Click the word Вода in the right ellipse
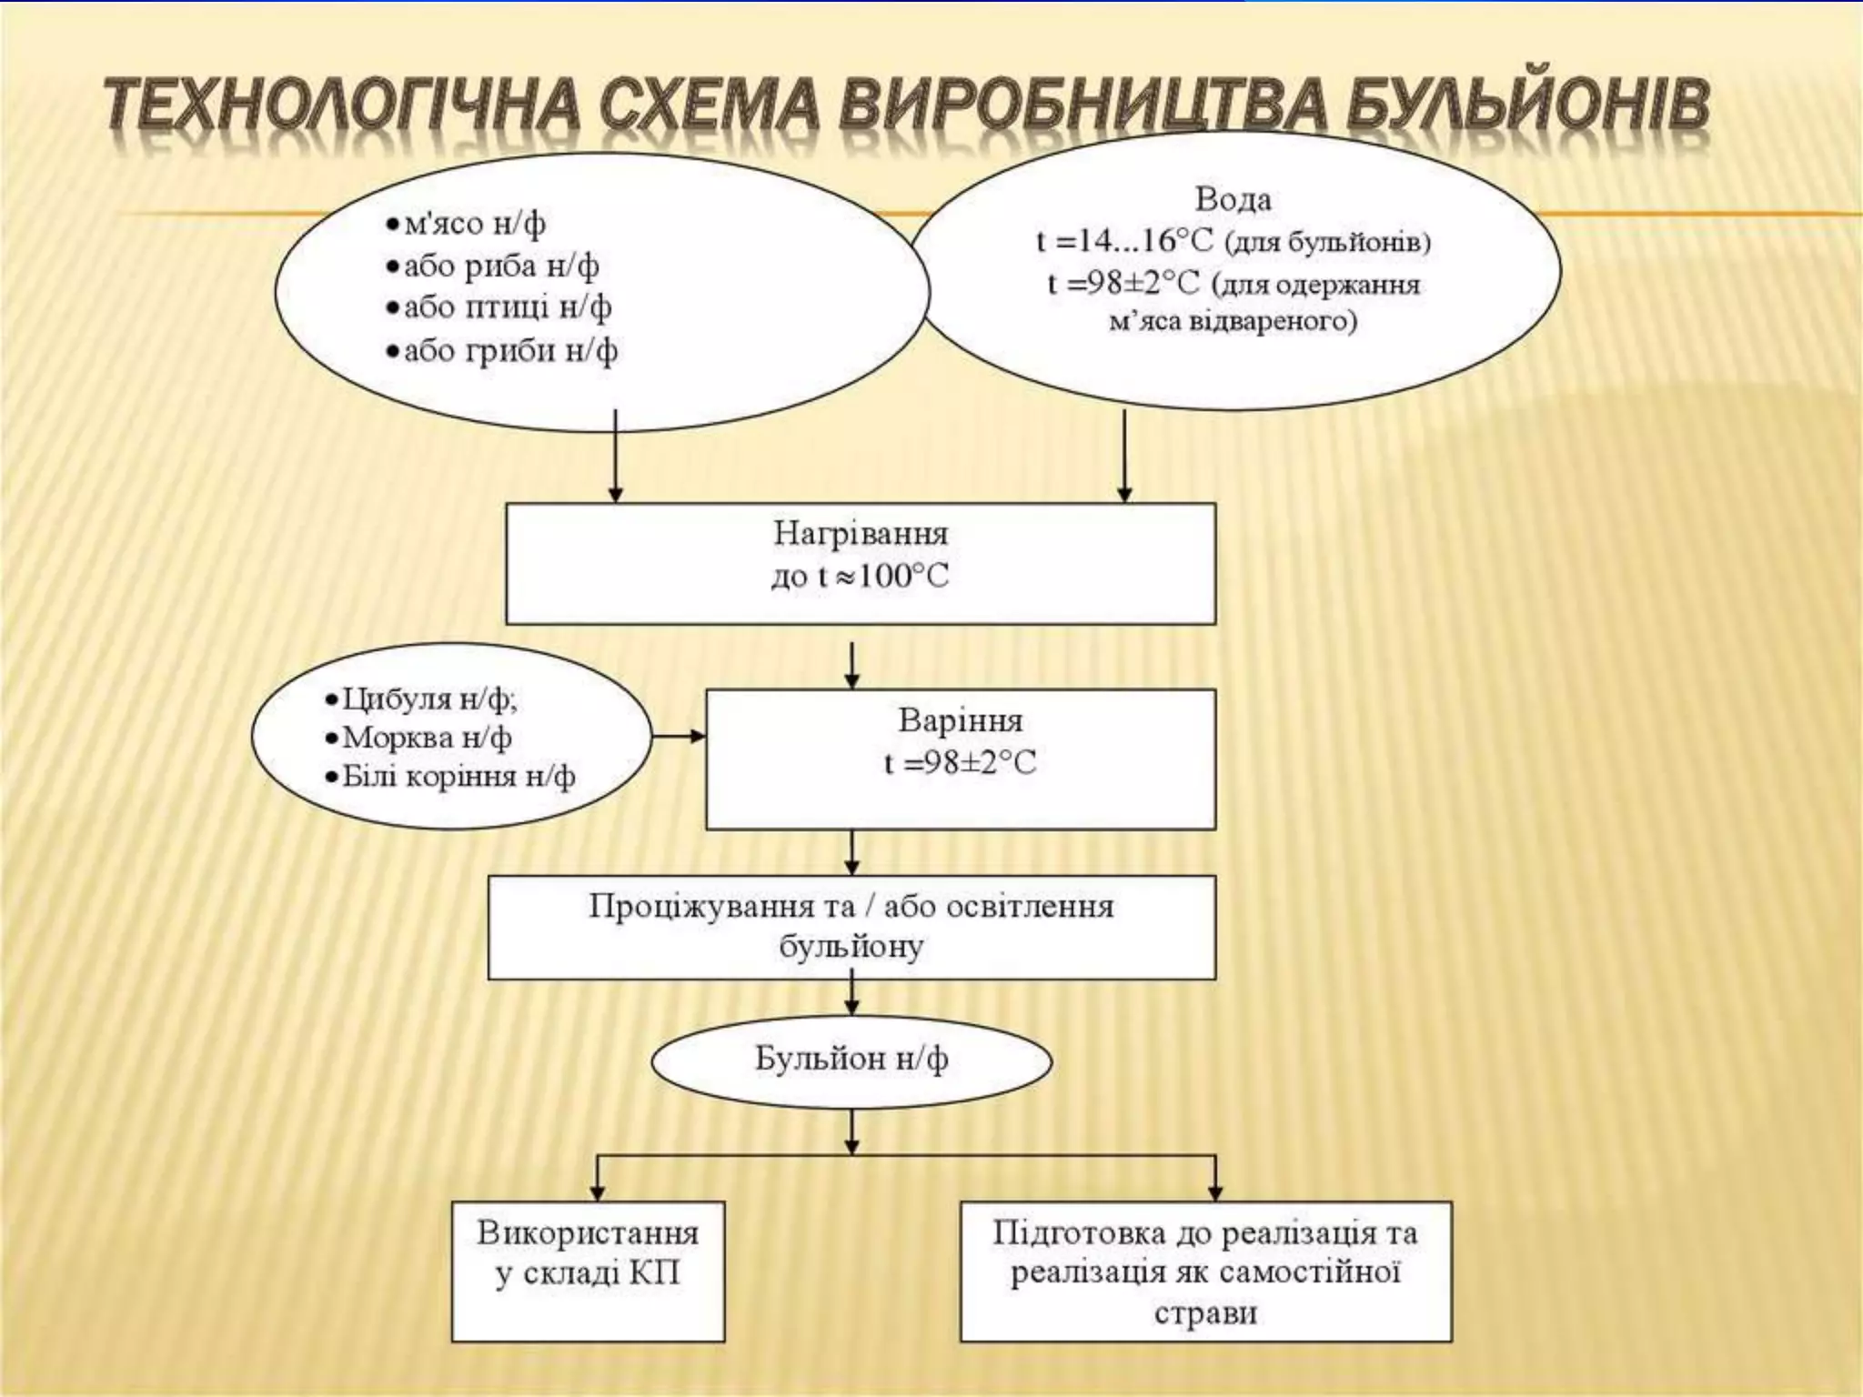(x=1233, y=199)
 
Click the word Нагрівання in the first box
(x=860, y=533)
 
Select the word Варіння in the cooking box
(x=960, y=720)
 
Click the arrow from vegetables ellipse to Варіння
(x=679, y=736)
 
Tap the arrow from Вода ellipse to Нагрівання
(x=1124, y=455)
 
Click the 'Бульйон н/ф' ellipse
(x=851, y=1060)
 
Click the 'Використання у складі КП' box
(x=588, y=1271)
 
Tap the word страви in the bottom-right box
(x=1205, y=1312)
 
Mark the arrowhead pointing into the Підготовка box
(x=1215, y=1191)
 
